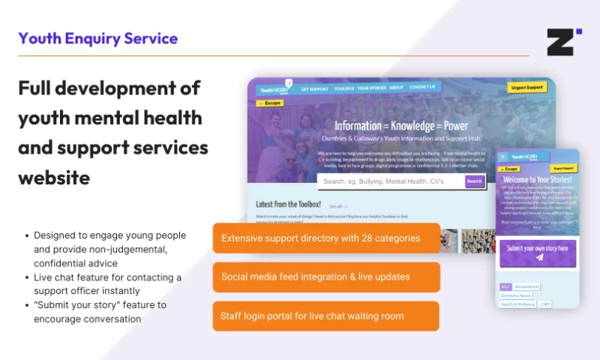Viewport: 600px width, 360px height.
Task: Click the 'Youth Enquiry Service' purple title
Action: (x=98, y=39)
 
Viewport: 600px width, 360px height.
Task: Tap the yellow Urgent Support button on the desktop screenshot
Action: (x=527, y=88)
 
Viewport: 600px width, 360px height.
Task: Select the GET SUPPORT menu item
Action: (x=315, y=88)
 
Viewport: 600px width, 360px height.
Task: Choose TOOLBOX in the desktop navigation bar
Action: (x=344, y=88)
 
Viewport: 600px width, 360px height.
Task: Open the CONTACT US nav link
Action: (x=422, y=87)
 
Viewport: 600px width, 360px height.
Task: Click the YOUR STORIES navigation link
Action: (x=371, y=88)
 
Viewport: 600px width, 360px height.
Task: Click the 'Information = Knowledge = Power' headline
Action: (x=401, y=126)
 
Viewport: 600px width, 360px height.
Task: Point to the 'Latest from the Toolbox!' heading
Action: (x=288, y=204)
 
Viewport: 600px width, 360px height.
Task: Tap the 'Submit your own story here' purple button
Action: (x=538, y=253)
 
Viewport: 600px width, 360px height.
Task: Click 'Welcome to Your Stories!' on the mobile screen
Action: (x=538, y=181)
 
